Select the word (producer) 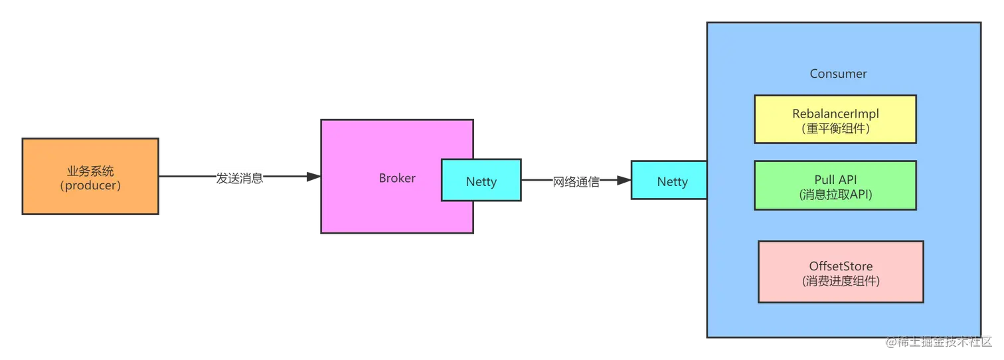point(90,185)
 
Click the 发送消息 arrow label point(240,179)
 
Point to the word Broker point(397,178)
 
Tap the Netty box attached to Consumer point(672,181)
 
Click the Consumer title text point(838,74)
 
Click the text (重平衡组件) point(835,129)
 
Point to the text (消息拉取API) point(835,195)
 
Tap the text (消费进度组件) point(841,281)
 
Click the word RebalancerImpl point(835,114)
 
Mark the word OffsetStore point(841,266)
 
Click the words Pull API point(835,180)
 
